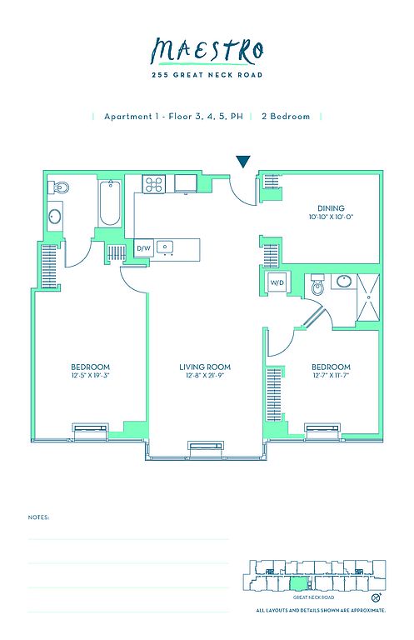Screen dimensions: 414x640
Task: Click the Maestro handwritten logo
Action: pyautogui.click(x=207, y=52)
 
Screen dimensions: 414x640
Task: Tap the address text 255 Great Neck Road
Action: pyautogui.click(x=207, y=75)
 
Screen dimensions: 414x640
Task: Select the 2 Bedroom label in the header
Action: pyautogui.click(x=286, y=117)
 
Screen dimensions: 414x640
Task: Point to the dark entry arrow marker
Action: pyautogui.click(x=243, y=162)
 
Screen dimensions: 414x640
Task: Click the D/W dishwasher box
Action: pyautogui.click(x=143, y=248)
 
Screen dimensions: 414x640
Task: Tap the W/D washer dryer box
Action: pyautogui.click(x=277, y=282)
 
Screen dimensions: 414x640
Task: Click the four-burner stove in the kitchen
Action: pyautogui.click(x=154, y=183)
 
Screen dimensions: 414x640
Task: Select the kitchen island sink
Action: pyautogui.click(x=166, y=247)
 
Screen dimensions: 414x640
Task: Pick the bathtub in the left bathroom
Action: pyautogui.click(x=110, y=203)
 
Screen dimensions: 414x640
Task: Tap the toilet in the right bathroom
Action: pyautogui.click(x=317, y=287)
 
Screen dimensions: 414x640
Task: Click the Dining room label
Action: pyautogui.click(x=331, y=208)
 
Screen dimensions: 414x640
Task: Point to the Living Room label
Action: pyautogui.click(x=205, y=367)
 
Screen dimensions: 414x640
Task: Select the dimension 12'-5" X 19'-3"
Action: pyautogui.click(x=91, y=375)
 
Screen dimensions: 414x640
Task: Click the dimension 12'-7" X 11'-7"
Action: pyautogui.click(x=331, y=375)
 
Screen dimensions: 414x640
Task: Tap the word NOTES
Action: pyautogui.click(x=38, y=517)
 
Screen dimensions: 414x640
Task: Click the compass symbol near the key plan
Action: pyautogui.click(x=377, y=597)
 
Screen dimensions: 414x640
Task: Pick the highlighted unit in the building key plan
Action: pyautogui.click(x=297, y=582)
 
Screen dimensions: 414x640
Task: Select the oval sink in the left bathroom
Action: pyautogui.click(x=55, y=217)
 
